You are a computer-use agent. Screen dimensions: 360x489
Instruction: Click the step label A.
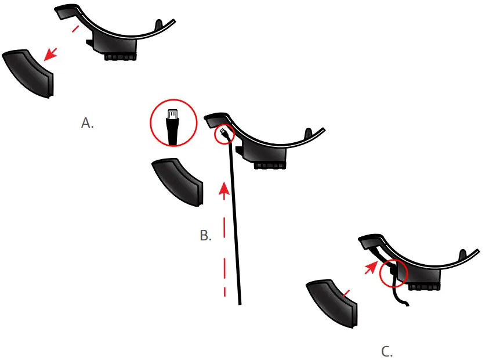coord(88,123)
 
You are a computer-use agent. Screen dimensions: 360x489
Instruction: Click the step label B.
coord(205,235)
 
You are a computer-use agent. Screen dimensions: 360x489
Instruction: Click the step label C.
coord(387,351)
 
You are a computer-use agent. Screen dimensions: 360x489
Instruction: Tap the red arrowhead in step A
coord(52,53)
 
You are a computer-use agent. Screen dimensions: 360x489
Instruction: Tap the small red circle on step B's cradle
coord(224,135)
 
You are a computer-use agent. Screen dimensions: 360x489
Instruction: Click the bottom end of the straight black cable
coord(239,302)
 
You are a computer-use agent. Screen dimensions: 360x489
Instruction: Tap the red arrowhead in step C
coord(370,267)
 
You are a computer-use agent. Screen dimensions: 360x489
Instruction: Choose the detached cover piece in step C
coord(333,302)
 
